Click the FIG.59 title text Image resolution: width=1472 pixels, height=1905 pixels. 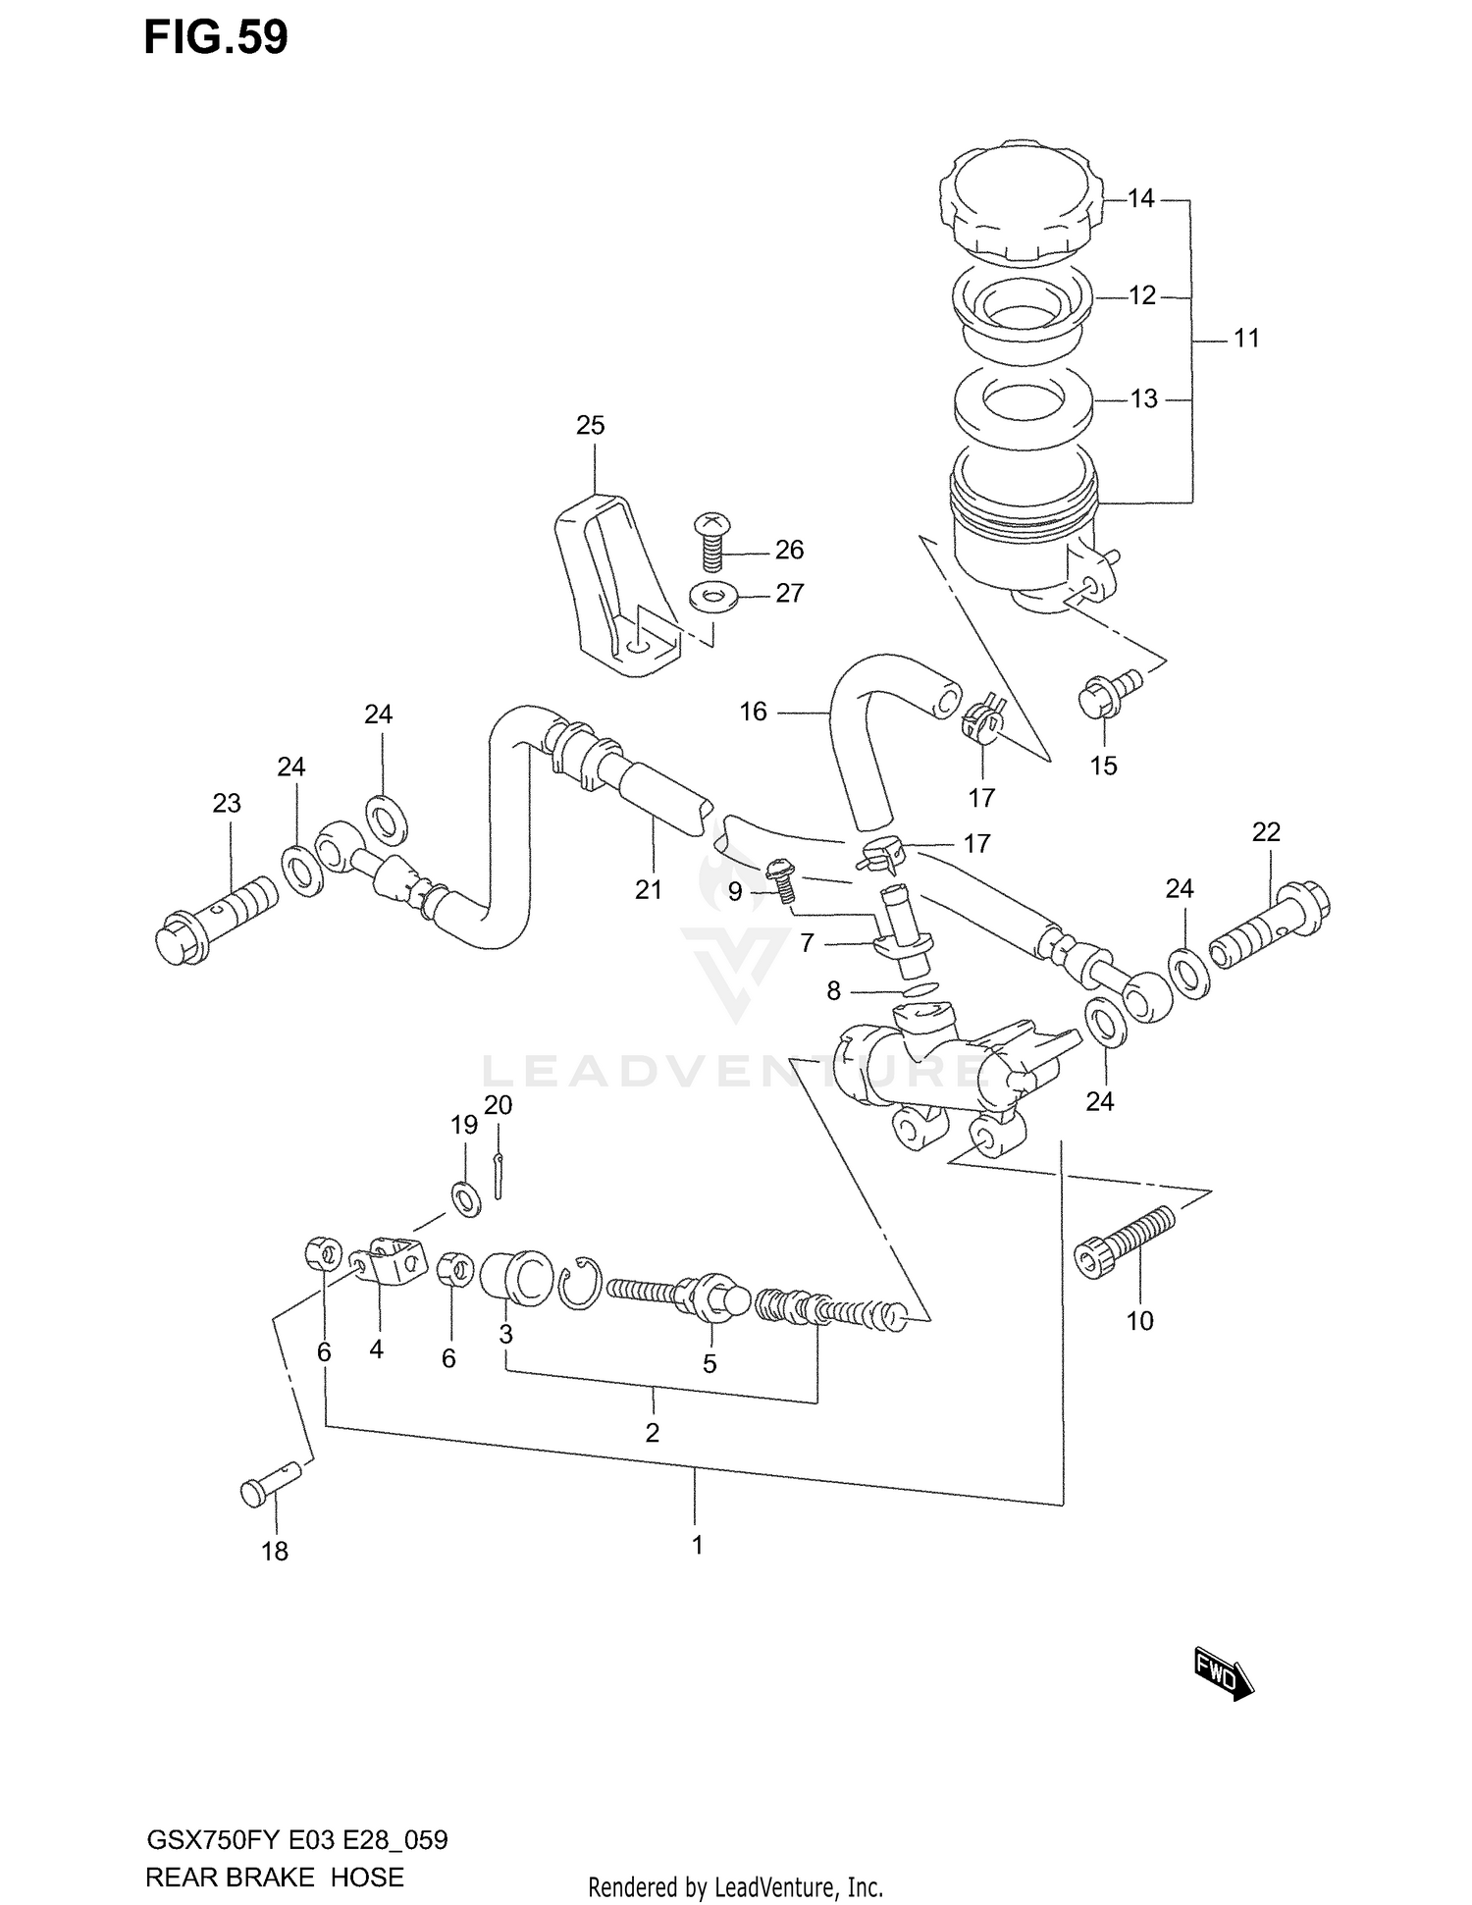click(216, 37)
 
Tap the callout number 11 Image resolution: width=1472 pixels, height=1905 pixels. click(1245, 339)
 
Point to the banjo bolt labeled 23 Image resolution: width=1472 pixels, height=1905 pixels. click(216, 918)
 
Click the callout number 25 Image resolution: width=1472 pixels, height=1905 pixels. click(590, 426)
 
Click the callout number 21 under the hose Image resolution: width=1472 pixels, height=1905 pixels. click(648, 890)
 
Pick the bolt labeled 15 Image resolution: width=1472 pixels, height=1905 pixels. click(1107, 693)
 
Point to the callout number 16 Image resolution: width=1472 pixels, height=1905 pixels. click(753, 712)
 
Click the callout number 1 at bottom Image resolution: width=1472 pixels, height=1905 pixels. click(697, 1546)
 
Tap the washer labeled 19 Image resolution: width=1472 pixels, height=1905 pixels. click(465, 1199)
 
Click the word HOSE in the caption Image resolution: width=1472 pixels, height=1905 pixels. click(367, 1878)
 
